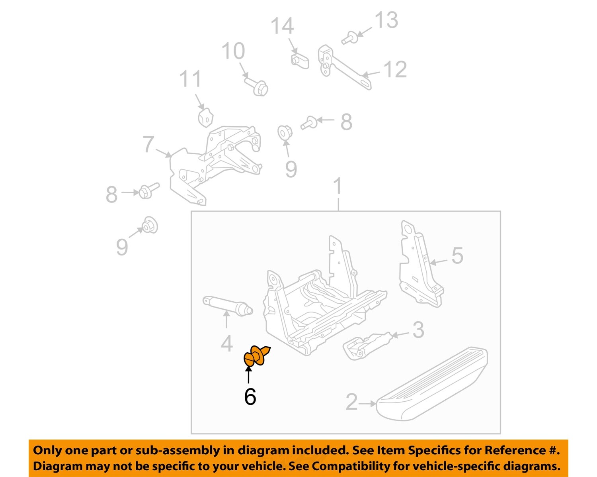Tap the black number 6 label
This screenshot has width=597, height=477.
pyautogui.click(x=250, y=397)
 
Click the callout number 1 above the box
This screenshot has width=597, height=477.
pyautogui.click(x=338, y=186)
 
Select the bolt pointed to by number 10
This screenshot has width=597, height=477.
pyautogui.click(x=257, y=86)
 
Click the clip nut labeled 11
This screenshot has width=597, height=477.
pyautogui.click(x=205, y=117)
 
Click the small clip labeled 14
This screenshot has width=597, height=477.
pyautogui.click(x=299, y=60)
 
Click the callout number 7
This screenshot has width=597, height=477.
pyautogui.click(x=148, y=144)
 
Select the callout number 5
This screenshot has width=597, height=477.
pyautogui.click(x=457, y=255)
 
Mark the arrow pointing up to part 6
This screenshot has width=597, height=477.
pyautogui.click(x=248, y=375)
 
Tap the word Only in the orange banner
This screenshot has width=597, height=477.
pyautogui.click(x=47, y=450)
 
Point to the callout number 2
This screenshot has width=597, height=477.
pyautogui.click(x=351, y=402)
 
